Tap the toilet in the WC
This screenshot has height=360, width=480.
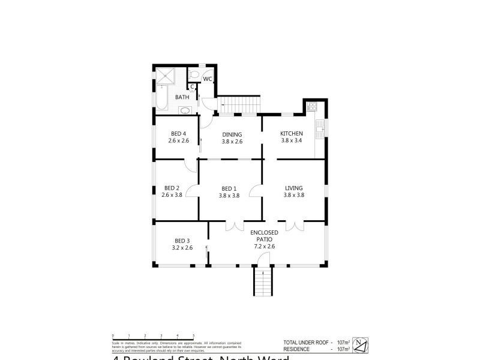coord(193,75)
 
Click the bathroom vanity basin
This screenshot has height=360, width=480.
coord(185,110)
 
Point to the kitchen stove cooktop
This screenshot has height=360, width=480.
coord(312,107)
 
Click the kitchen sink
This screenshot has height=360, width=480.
coord(321,127)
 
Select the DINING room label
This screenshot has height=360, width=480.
coord(232,134)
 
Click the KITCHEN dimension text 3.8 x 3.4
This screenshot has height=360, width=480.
coord(292,140)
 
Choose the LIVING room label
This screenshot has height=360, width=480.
coord(294,188)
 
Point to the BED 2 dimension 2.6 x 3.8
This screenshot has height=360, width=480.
coord(172,194)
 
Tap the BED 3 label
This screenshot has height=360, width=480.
coord(182,240)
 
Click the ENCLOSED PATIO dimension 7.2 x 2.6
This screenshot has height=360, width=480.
coord(265,246)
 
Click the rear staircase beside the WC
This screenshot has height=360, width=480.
coord(239,104)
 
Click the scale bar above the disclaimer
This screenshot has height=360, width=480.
coord(153,337)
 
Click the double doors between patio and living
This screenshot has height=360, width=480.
coord(295,226)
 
